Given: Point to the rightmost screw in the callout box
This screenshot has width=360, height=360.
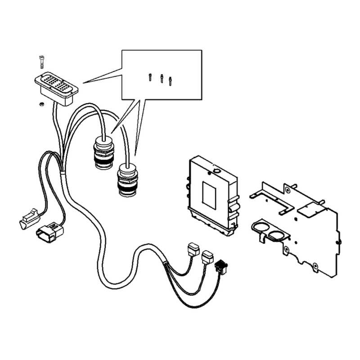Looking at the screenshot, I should click(x=170, y=81).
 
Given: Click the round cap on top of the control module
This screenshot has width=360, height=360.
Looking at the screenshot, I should click(x=216, y=171).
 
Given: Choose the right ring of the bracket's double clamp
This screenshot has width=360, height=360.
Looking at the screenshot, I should click(x=278, y=234).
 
